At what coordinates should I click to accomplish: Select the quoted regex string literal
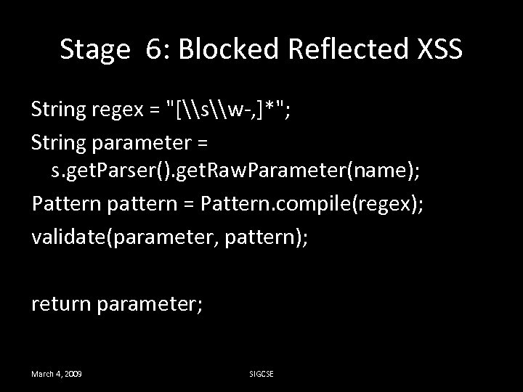click(x=227, y=110)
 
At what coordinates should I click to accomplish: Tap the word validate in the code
click(x=67, y=233)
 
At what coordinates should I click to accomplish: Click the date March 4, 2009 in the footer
click(x=56, y=373)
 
